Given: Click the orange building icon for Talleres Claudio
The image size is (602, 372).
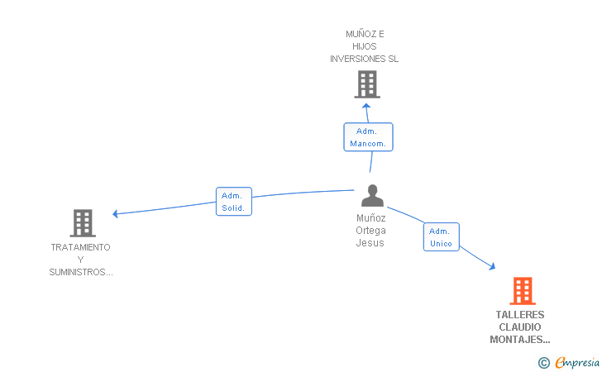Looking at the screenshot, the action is [523, 291].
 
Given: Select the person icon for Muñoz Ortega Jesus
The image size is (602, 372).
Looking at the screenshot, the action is [372, 195].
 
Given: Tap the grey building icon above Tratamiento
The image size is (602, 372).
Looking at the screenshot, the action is [83, 223].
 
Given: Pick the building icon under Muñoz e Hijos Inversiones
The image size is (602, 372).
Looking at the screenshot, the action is [367, 84].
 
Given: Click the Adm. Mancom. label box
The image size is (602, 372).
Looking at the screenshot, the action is [368, 137].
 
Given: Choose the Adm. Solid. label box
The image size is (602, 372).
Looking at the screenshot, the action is [234, 202].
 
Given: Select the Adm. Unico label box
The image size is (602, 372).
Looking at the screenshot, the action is [441, 237].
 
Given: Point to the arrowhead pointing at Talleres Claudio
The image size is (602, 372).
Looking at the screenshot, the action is [492, 266].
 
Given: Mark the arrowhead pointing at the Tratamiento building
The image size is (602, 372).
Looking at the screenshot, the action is [115, 214].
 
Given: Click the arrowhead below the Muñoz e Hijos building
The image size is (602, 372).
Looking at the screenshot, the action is [366, 106].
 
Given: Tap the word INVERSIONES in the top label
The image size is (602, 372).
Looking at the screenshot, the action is [352, 59].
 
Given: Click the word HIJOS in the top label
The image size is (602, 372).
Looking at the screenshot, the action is [365, 46].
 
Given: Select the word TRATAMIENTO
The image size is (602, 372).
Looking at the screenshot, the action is [81, 247].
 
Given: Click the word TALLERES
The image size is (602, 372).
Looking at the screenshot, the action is [520, 315].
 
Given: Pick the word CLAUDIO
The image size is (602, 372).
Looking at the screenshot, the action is [520, 327].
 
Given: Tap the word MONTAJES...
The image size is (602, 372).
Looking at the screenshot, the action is [516, 340].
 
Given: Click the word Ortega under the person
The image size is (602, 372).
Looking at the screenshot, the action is [370, 231].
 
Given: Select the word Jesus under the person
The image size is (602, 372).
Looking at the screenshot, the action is [370, 243].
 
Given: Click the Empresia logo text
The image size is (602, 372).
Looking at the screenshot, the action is [577, 362].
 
